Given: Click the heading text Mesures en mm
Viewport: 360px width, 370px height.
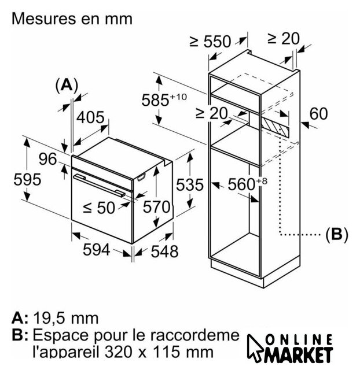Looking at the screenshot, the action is pyautogui.click(x=72, y=18).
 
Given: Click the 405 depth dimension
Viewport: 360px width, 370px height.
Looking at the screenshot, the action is pyautogui.click(x=90, y=117).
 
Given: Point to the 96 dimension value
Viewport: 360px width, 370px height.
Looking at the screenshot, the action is pyautogui.click(x=47, y=159).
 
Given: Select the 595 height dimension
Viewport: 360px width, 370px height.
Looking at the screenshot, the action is pyautogui.click(x=27, y=179).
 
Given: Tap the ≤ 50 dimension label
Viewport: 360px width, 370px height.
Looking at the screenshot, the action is pyautogui.click(x=99, y=208).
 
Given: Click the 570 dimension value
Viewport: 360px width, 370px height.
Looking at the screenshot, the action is pyautogui.click(x=157, y=207).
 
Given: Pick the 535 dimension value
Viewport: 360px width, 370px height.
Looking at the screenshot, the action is pyautogui.click(x=190, y=184).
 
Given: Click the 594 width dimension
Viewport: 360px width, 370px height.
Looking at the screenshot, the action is pyautogui.click(x=97, y=249).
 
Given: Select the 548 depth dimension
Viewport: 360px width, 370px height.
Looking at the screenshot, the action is pyautogui.click(x=164, y=251).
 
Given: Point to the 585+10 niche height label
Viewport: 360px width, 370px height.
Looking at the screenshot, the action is pyautogui.click(x=164, y=99).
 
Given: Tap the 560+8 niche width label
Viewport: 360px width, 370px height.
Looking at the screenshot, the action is pyautogui.click(x=247, y=184).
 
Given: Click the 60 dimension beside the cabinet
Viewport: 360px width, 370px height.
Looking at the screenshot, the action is pyautogui.click(x=319, y=114).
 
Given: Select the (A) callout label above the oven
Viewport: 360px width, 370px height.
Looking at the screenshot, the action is pyautogui.click(x=67, y=85).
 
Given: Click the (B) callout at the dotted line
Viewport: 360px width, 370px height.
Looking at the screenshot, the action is pyautogui.click(x=337, y=235).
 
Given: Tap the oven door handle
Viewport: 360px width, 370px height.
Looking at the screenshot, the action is pyautogui.click(x=100, y=185).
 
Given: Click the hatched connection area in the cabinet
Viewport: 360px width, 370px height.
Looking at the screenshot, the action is pyautogui.click(x=275, y=127).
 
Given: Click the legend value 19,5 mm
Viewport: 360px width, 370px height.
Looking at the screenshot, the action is pyautogui.click(x=65, y=319).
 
